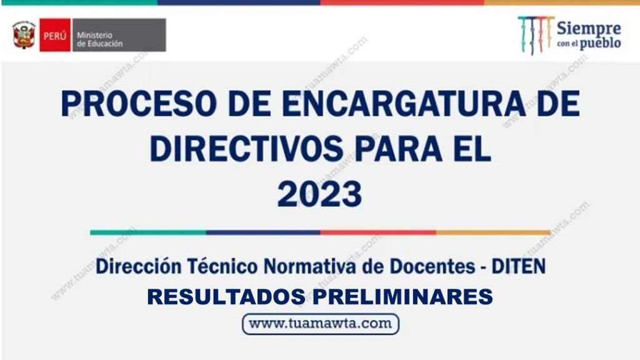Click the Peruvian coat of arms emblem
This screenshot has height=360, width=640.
tap(24, 35)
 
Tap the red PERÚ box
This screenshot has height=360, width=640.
tap(55, 35)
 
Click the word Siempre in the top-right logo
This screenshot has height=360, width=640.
tap(589, 29)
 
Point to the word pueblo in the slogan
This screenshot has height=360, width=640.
tap(601, 43)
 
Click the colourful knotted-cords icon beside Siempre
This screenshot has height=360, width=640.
tap(535, 35)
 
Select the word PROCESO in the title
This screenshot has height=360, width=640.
tap(138, 104)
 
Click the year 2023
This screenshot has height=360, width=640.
tap(319, 194)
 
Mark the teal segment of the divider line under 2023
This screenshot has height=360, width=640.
tap(148, 232)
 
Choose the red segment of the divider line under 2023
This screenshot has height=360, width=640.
tap(378, 232)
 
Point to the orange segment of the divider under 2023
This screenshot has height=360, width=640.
tap(493, 232)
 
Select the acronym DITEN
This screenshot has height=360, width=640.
tap(518, 266)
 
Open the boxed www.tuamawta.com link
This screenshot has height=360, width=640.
tap(321, 324)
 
